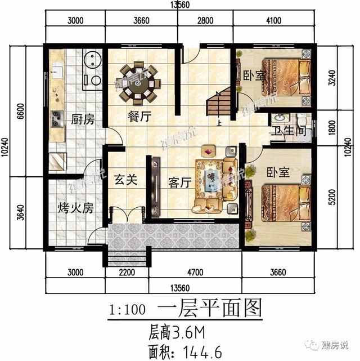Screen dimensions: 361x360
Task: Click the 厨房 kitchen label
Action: tap(82, 119)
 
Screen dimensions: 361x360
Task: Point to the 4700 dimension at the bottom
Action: tap(193, 274)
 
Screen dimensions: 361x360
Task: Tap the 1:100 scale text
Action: tap(128, 310)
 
